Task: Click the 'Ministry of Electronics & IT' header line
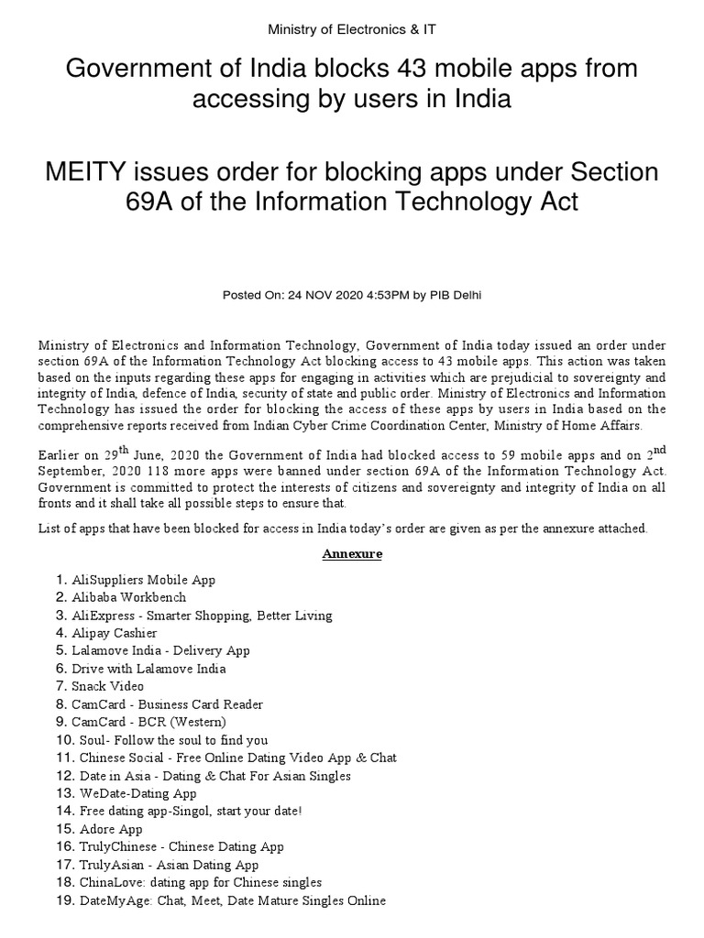[352, 29]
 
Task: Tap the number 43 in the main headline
[420, 69]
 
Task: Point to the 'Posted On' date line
[352, 295]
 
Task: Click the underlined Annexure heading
[351, 554]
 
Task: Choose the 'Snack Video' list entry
[108, 686]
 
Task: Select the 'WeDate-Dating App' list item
[137, 793]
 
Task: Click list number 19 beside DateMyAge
[64, 900]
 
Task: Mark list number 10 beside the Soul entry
[64, 739]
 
